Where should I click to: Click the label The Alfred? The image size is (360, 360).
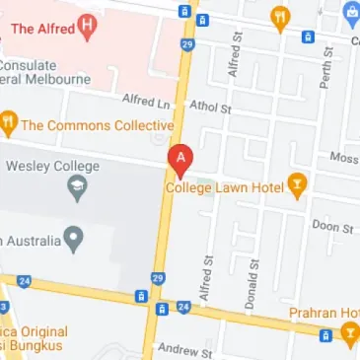point(41,27)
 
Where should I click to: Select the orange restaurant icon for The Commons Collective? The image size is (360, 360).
point(9,124)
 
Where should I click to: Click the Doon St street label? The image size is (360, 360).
point(333,227)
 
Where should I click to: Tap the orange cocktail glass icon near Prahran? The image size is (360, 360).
point(348,337)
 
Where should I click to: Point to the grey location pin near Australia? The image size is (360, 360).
point(72,237)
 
